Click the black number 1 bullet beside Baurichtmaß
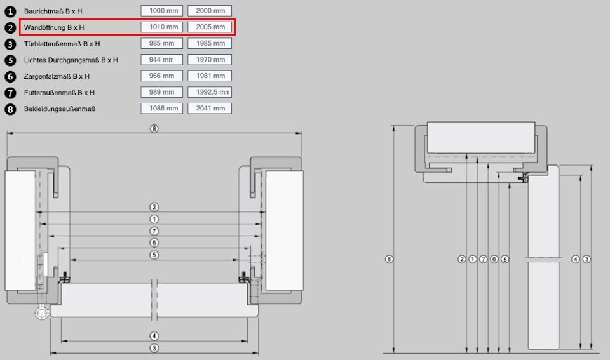click(x=10, y=11)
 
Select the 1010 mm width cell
click(x=162, y=27)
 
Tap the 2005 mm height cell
click(x=210, y=27)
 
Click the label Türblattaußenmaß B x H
click(x=62, y=44)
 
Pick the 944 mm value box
click(x=162, y=60)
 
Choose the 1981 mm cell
click(x=210, y=76)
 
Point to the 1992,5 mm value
click(x=210, y=92)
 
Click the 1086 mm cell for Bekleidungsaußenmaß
click(x=162, y=109)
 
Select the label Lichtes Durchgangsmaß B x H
click(x=71, y=60)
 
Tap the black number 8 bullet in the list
click(x=10, y=109)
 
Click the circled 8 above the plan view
click(x=154, y=129)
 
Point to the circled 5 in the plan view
click(x=154, y=255)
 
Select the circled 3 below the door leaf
click(x=154, y=349)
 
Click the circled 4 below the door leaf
click(x=154, y=336)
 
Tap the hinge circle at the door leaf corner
click(x=41, y=312)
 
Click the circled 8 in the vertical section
click(x=389, y=259)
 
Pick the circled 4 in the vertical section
click(x=576, y=259)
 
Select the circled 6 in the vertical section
click(x=494, y=259)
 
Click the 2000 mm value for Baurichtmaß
click(x=210, y=11)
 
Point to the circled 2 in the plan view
click(x=154, y=207)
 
